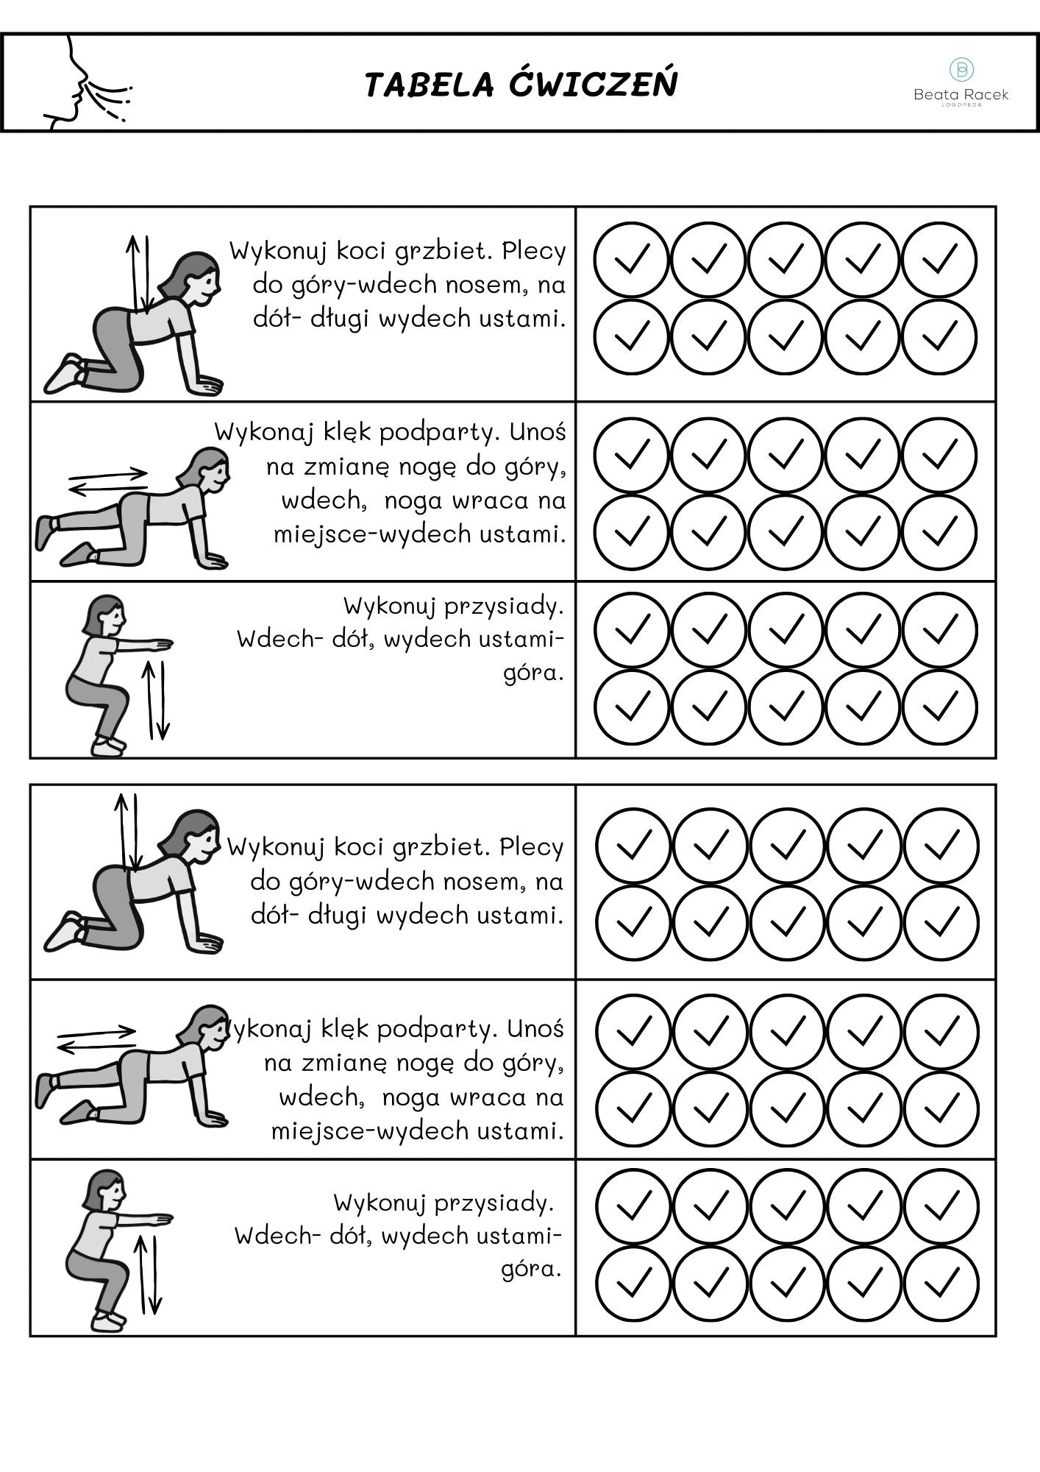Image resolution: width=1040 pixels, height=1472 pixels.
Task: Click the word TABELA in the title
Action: point(429,85)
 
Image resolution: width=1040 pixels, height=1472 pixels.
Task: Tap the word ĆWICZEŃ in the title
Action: point(593,82)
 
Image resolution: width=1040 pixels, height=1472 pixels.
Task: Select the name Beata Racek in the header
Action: point(961,94)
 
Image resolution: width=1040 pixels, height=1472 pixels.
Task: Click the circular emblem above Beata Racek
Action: point(961,69)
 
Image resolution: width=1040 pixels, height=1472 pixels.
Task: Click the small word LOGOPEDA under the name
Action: point(961,105)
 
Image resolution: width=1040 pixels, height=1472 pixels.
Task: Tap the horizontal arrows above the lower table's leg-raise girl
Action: point(96,1037)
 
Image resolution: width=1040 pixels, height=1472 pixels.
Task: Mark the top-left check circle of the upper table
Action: point(631,259)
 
